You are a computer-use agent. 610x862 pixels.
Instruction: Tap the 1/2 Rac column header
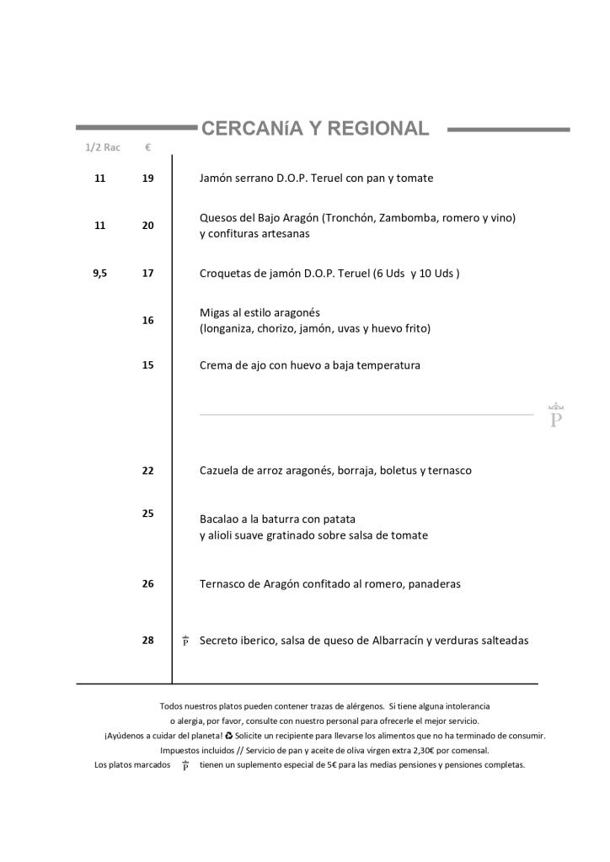tap(102, 147)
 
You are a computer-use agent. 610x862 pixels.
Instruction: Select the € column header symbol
tap(147, 147)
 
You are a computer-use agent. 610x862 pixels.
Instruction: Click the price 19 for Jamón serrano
tap(147, 178)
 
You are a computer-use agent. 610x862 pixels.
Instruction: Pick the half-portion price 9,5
tap(100, 273)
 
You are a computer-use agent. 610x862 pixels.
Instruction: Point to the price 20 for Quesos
tap(147, 226)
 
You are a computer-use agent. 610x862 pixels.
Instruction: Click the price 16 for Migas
tap(147, 320)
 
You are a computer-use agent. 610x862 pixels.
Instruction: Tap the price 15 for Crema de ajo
tap(147, 365)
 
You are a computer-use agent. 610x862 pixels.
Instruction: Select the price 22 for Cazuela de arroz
tap(147, 471)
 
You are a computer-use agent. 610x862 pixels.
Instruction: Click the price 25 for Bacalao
tap(147, 513)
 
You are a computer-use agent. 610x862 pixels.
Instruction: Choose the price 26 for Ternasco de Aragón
tap(147, 583)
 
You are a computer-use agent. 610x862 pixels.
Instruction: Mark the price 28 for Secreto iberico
tap(147, 641)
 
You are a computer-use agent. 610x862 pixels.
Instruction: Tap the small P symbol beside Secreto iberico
tap(185, 641)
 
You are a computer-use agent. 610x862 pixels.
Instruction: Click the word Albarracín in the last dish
tap(397, 641)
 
